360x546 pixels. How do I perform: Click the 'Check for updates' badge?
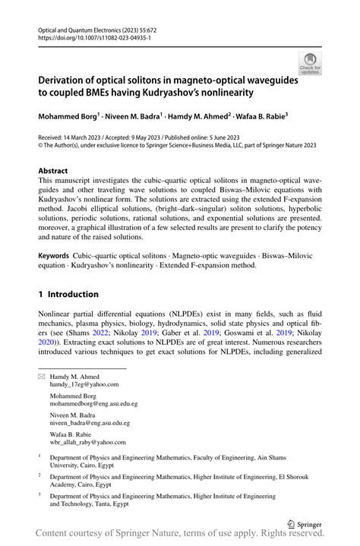pyautogui.click(x=310, y=64)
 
